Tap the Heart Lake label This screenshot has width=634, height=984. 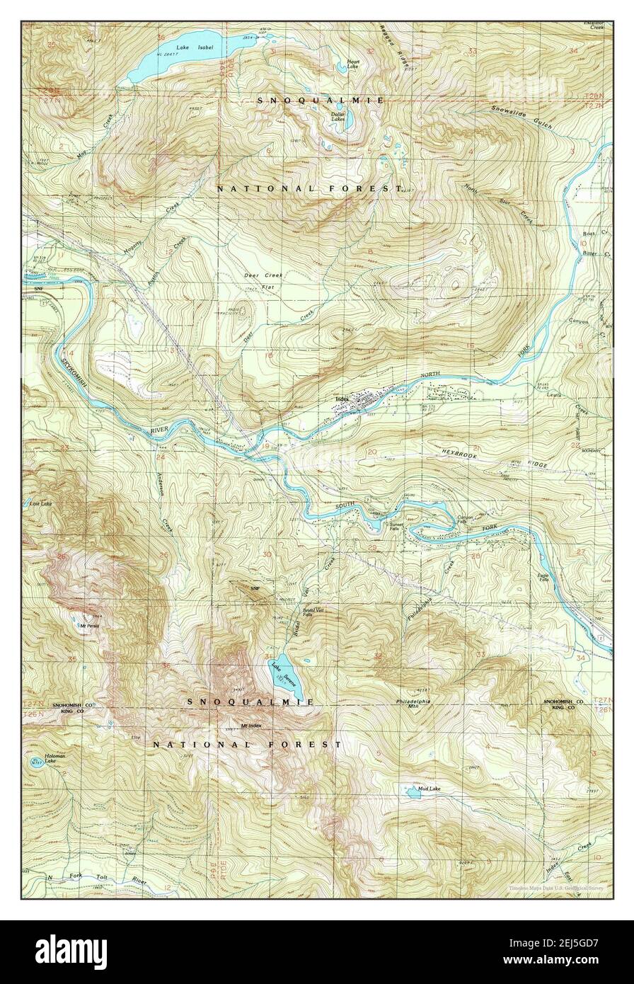(353, 64)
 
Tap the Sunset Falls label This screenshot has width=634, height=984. (397, 527)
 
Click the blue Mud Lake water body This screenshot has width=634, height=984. (411, 791)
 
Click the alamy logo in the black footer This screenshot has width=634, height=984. (71, 951)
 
